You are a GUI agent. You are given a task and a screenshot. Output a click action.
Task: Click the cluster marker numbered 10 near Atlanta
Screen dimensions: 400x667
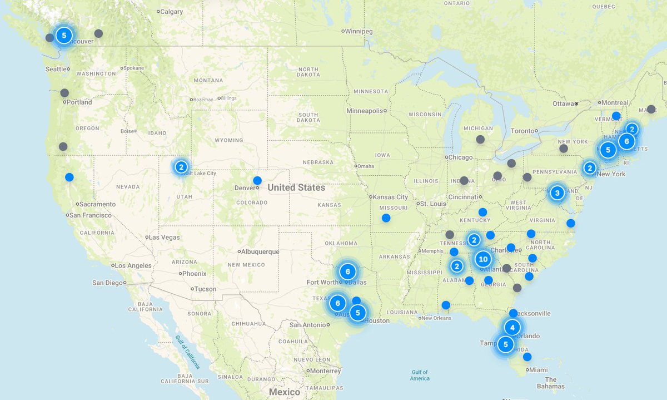click(x=482, y=259)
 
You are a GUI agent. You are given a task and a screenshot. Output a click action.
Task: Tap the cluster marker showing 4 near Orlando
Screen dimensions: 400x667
click(x=512, y=327)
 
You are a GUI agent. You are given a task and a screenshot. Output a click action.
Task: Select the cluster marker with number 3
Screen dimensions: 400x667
click(x=557, y=193)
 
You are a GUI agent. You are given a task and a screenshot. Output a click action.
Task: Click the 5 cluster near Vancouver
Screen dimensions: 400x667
click(x=64, y=36)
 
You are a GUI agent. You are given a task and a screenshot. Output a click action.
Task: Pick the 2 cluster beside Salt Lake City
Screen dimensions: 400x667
click(x=181, y=166)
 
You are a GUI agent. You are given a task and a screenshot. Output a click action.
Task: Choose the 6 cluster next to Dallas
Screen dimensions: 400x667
click(x=347, y=272)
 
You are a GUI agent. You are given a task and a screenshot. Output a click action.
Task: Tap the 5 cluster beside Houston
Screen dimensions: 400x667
click(x=358, y=313)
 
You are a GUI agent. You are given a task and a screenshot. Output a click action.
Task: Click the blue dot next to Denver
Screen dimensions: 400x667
click(x=257, y=180)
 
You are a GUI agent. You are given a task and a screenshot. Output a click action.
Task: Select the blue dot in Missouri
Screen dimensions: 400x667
click(x=386, y=218)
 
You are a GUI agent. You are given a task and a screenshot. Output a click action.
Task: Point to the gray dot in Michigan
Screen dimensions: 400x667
click(x=480, y=139)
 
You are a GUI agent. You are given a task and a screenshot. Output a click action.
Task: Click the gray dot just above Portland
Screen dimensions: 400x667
click(x=64, y=93)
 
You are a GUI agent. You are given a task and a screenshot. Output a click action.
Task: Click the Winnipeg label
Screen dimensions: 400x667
click(x=359, y=31)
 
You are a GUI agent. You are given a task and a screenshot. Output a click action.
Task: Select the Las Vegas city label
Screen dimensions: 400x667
click(x=165, y=237)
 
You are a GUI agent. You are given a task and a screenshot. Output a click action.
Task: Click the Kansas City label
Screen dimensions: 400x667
click(x=391, y=197)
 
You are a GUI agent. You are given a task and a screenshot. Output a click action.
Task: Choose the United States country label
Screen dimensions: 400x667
click(x=296, y=187)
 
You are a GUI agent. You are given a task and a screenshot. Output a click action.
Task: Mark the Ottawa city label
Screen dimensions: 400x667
click(x=564, y=103)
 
